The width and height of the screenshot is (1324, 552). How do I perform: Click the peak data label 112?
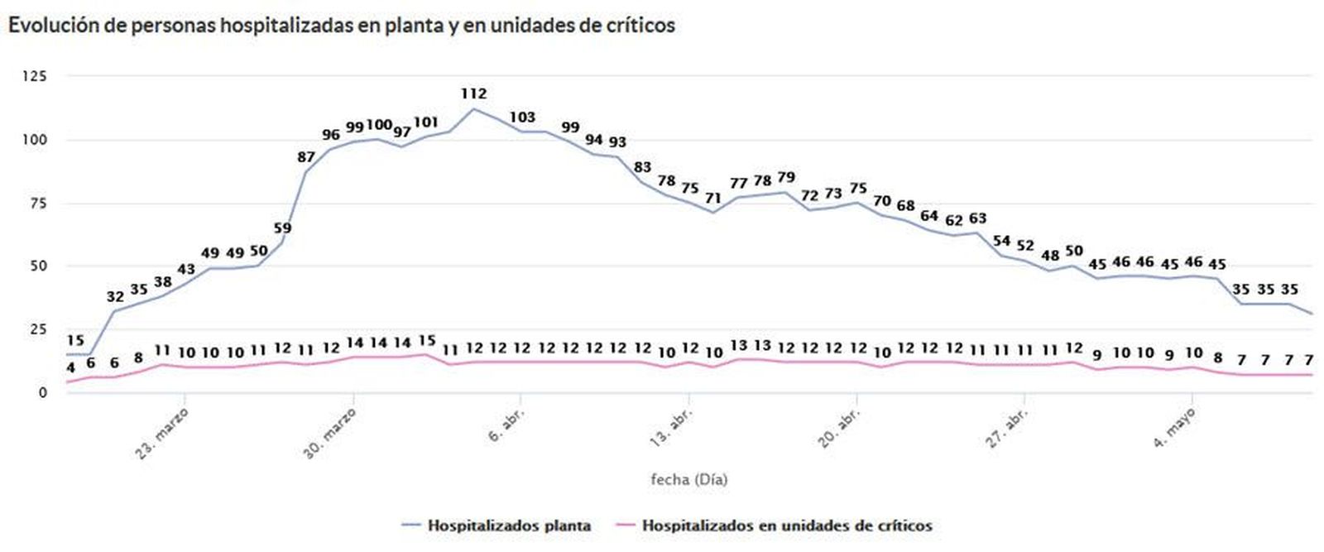(x=474, y=94)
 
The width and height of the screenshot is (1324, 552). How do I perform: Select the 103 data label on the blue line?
(x=522, y=117)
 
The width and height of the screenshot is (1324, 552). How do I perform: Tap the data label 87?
(x=307, y=157)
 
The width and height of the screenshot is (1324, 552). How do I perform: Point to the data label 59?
(x=283, y=228)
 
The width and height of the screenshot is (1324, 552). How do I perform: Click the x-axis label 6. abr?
(x=506, y=424)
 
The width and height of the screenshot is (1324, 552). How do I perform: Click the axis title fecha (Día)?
(x=689, y=479)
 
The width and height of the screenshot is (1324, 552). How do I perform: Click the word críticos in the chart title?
(x=638, y=26)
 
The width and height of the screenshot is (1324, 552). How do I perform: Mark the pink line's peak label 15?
(x=427, y=340)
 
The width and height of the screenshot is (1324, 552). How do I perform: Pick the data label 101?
(x=425, y=122)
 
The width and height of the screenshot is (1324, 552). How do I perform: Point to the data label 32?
(x=115, y=296)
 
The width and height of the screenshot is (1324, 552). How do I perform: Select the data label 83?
(x=642, y=167)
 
